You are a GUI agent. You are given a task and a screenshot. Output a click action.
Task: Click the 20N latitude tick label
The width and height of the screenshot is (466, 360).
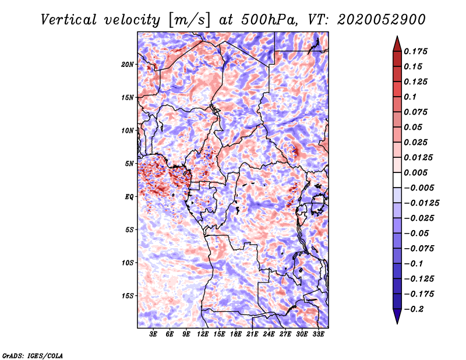(x=128, y=65)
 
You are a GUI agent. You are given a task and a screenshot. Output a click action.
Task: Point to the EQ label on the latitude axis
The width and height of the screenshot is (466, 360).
(x=129, y=197)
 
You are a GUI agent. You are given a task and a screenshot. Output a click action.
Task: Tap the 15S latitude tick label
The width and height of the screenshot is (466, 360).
(x=128, y=296)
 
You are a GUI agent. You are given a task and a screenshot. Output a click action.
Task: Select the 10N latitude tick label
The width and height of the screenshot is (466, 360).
(x=128, y=130)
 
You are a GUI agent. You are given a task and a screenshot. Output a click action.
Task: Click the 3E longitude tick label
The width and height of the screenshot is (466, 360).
(x=153, y=334)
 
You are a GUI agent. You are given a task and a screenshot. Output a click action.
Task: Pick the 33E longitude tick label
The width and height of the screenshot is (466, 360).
(x=318, y=334)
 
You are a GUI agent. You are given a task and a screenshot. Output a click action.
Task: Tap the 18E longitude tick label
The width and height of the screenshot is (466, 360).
(x=236, y=334)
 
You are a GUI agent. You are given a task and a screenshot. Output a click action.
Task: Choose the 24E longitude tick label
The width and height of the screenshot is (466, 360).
(x=269, y=334)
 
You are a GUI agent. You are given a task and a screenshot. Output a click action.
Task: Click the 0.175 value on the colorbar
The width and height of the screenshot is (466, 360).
(x=416, y=51)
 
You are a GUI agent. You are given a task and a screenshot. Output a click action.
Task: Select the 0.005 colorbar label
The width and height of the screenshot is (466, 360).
(x=416, y=172)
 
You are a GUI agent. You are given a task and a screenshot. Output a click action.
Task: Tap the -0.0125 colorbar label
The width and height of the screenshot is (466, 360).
(x=422, y=203)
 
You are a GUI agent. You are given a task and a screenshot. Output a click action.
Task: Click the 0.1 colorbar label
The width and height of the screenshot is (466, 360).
(x=410, y=97)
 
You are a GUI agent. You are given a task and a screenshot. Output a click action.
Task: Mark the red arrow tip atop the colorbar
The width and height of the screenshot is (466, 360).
(x=397, y=36)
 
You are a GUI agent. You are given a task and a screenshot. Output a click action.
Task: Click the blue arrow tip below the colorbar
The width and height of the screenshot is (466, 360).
(x=397, y=323)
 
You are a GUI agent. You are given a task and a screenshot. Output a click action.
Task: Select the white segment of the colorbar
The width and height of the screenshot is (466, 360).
(x=397, y=180)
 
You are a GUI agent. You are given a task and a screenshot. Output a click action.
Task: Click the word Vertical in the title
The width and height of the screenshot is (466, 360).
(x=69, y=20)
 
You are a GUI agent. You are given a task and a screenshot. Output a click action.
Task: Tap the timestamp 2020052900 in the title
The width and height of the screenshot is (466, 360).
(x=382, y=20)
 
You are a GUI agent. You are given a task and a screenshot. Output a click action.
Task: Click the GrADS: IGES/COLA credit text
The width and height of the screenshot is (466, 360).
(x=33, y=356)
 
